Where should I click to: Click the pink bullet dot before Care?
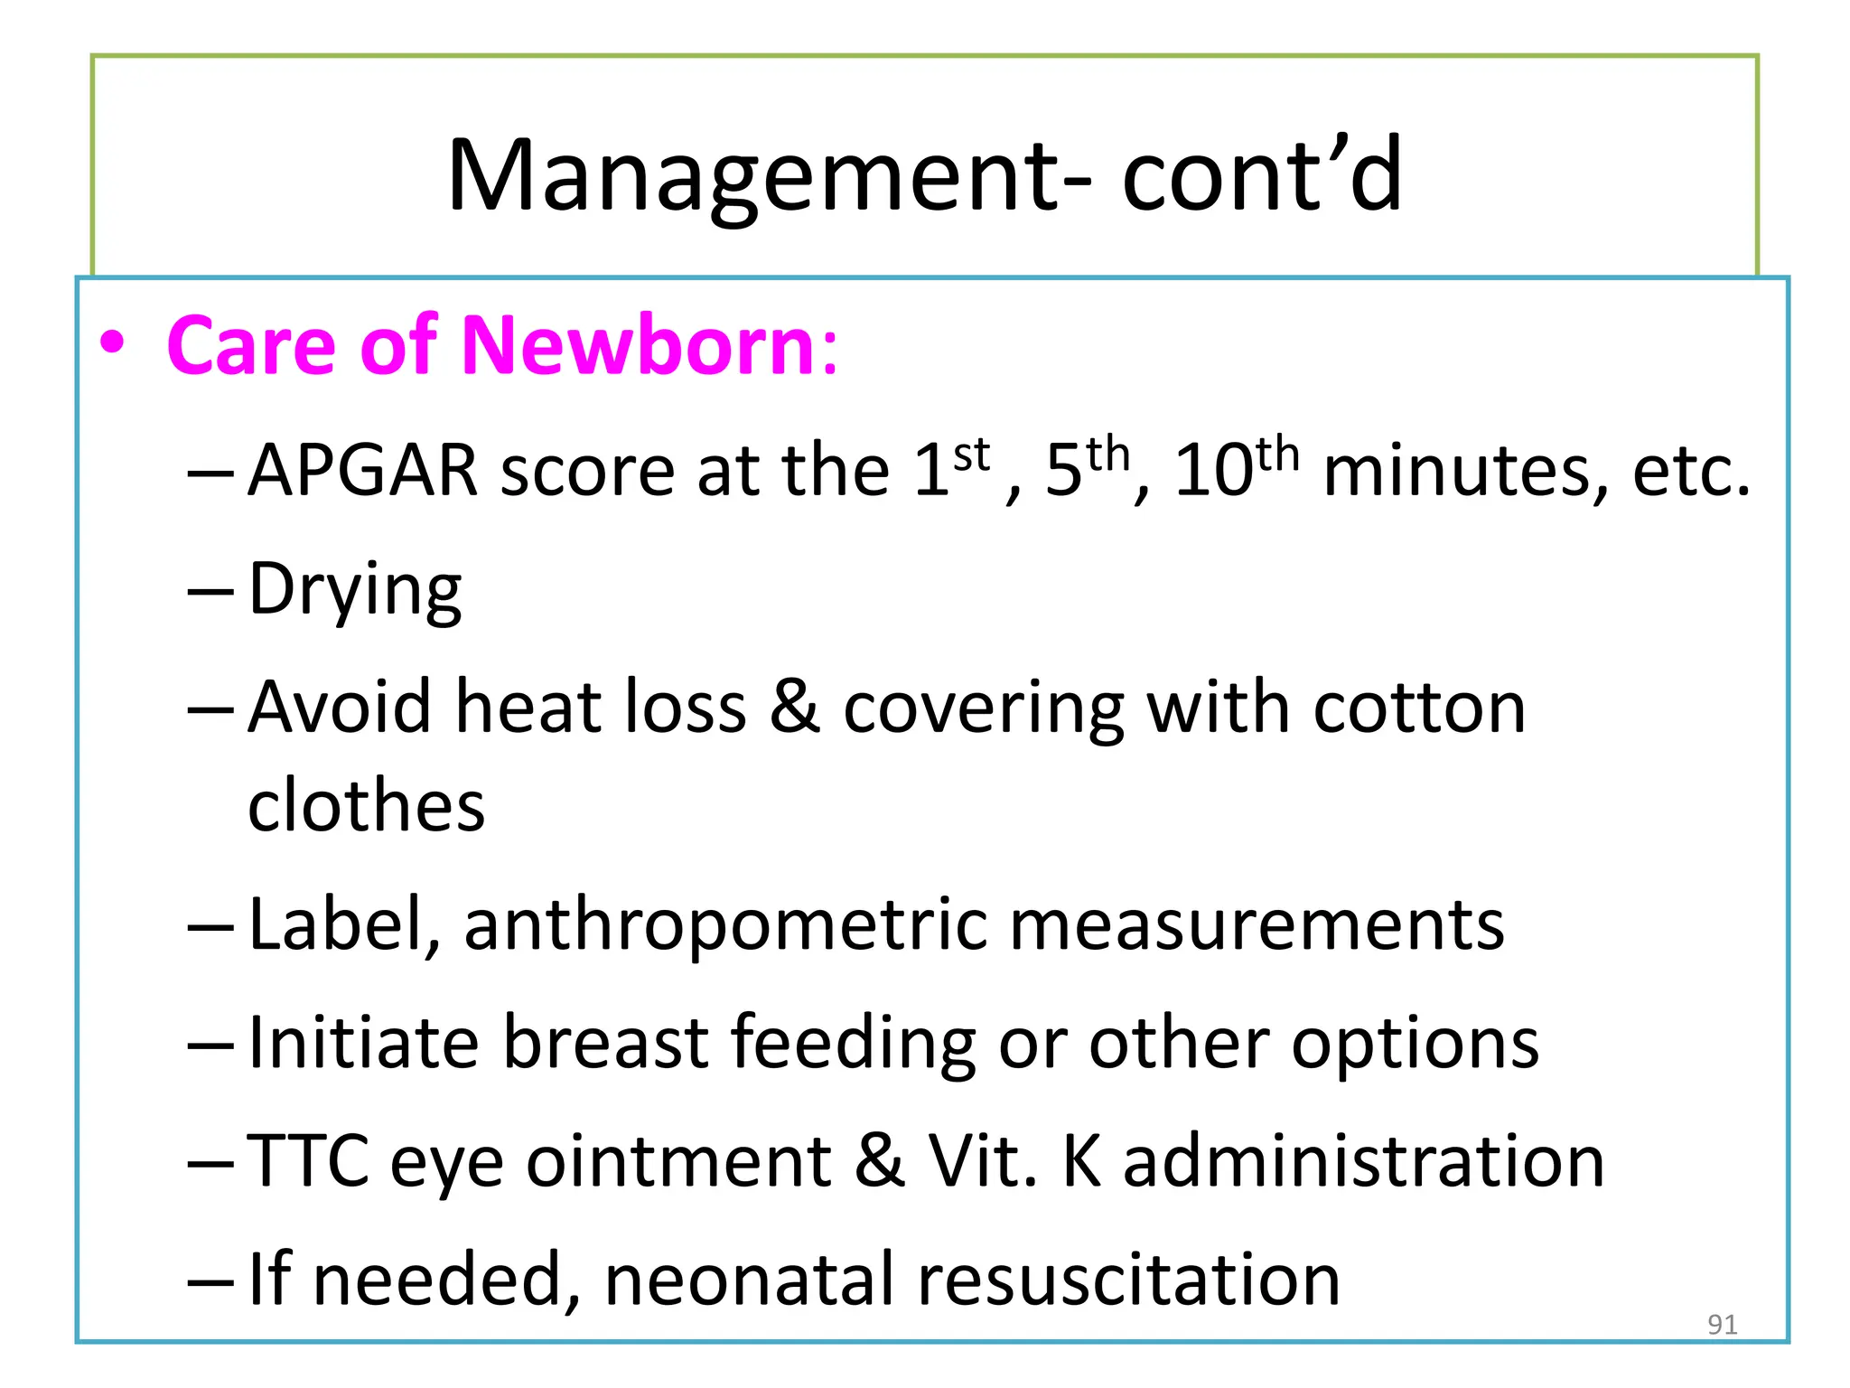pos(112,344)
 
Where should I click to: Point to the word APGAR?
pos(362,471)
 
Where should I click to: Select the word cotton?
pos(1419,707)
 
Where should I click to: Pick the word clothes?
pos(366,805)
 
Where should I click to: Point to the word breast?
pos(604,1043)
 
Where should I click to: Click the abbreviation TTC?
pos(308,1161)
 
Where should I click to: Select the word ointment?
pos(678,1161)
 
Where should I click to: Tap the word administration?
pos(1363,1161)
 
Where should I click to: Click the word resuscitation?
pos(1128,1280)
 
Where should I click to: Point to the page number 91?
pos(1722,1325)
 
